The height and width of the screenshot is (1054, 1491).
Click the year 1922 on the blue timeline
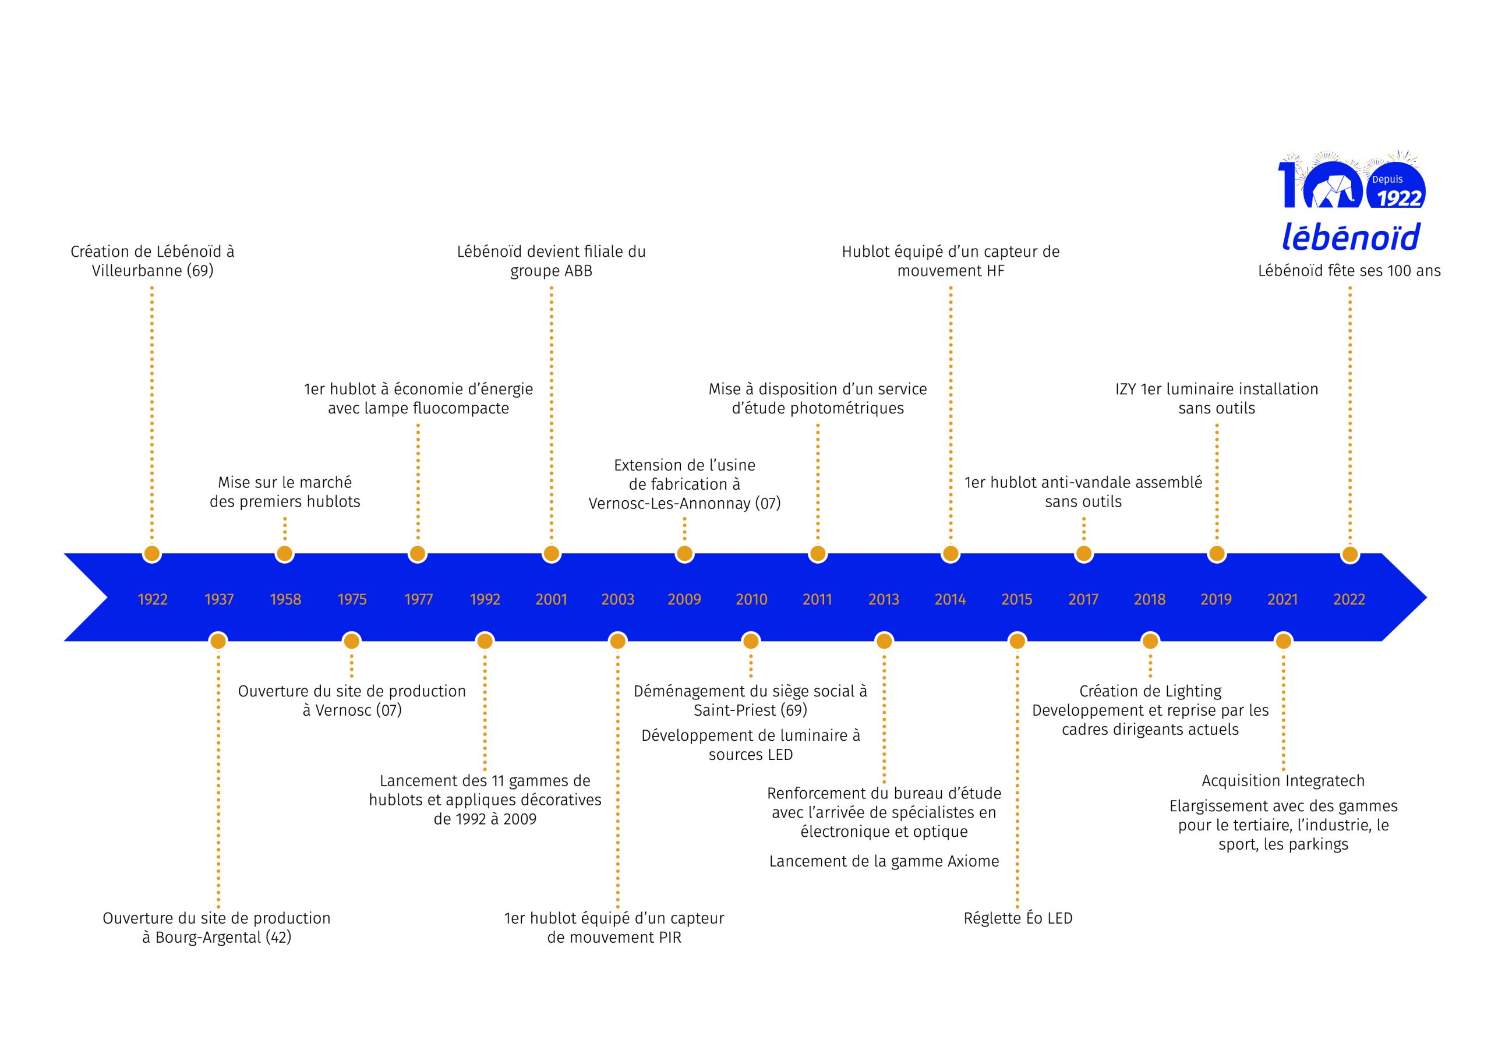click(152, 599)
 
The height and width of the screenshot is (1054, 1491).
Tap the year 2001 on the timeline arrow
click(551, 599)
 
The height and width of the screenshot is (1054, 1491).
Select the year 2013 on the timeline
click(883, 599)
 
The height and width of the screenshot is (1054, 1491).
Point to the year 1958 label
click(285, 599)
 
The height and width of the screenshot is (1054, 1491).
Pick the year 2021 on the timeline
click(1282, 599)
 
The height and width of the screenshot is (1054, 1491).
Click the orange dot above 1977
click(418, 554)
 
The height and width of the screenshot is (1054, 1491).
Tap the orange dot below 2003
click(617, 642)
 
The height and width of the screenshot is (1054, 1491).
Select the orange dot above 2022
click(1349, 554)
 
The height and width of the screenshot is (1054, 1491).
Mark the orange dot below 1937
click(218, 642)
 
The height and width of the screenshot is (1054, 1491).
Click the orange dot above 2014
click(950, 554)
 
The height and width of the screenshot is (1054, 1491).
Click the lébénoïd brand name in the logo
click(1351, 238)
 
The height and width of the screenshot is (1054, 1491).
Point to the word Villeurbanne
click(136, 271)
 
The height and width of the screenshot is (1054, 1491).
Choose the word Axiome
click(973, 862)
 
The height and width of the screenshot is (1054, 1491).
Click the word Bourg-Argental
click(208, 937)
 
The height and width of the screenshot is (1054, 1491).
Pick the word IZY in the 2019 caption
click(1125, 389)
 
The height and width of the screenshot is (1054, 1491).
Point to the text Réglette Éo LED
click(1017, 918)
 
